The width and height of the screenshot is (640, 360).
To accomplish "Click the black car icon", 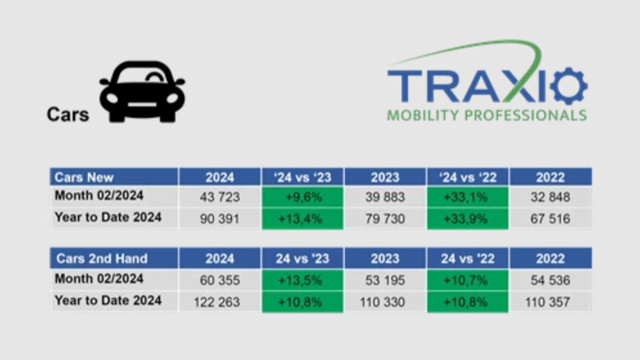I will [x=142, y=92].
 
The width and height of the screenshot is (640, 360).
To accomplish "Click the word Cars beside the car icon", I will [x=67, y=114].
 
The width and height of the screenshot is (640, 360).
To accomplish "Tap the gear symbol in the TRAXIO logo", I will [x=568, y=87].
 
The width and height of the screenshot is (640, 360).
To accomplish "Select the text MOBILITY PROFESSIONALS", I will [x=486, y=116].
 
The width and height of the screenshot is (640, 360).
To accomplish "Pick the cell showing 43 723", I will [x=220, y=197].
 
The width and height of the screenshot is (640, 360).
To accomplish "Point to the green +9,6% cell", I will [x=303, y=197].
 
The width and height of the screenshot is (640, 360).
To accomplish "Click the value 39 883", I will [x=385, y=197].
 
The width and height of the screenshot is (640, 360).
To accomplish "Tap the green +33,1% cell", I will [x=467, y=197].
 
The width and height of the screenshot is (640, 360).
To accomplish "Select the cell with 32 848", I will [x=550, y=197].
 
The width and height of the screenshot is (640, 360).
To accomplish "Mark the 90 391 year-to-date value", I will [x=220, y=219].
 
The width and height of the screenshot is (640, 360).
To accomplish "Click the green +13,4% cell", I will [x=303, y=219].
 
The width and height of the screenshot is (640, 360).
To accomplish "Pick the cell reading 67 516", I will [x=550, y=219].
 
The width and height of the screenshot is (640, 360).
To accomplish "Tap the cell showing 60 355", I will [x=220, y=280].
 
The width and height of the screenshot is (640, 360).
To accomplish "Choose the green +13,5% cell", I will [x=303, y=280].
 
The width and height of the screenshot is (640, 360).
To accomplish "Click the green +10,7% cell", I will [x=467, y=280].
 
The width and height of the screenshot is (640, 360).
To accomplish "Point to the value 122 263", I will [x=220, y=301].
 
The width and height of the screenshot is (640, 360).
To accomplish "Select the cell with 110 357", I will [x=550, y=301].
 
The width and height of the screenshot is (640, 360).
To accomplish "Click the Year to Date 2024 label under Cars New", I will [x=108, y=217].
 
